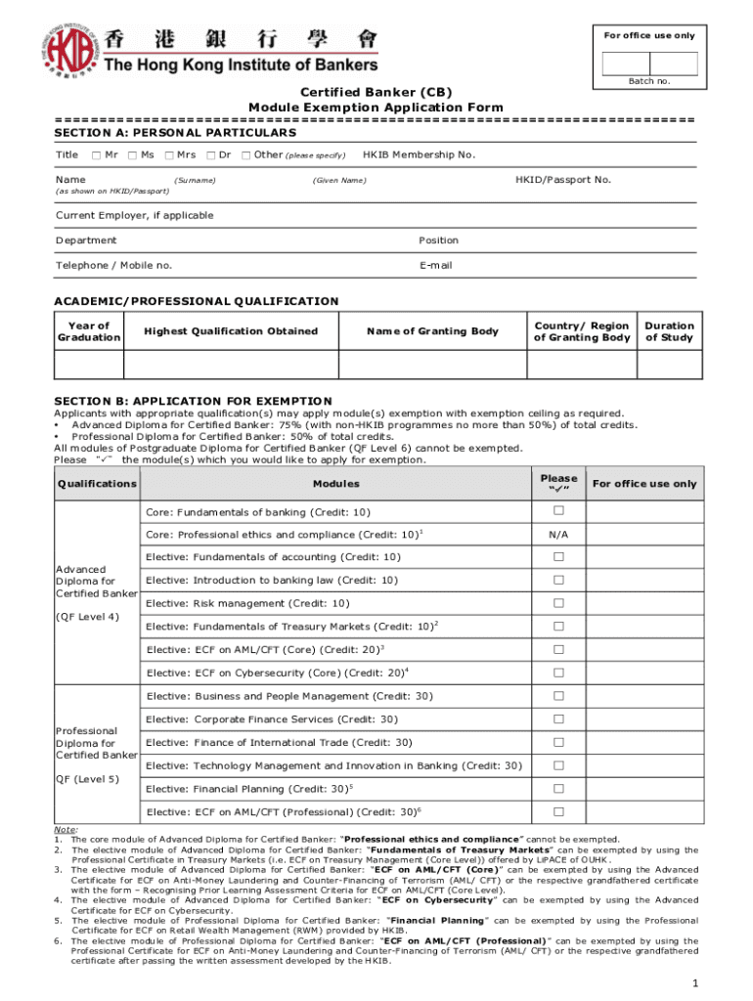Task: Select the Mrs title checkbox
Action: point(169,154)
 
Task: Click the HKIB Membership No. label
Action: point(419,154)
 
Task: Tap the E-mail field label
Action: point(435,265)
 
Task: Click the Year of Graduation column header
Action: point(89,331)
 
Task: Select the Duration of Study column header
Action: point(669,331)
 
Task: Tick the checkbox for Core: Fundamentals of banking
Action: point(559,511)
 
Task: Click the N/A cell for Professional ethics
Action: point(559,535)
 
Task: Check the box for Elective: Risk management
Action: point(559,603)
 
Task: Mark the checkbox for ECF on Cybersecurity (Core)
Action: point(559,673)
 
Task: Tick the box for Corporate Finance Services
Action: point(559,718)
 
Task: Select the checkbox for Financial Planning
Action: point(559,788)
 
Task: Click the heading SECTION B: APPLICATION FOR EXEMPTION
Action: point(193,401)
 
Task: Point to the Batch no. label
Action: point(649,81)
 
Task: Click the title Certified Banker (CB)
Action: point(376,92)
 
